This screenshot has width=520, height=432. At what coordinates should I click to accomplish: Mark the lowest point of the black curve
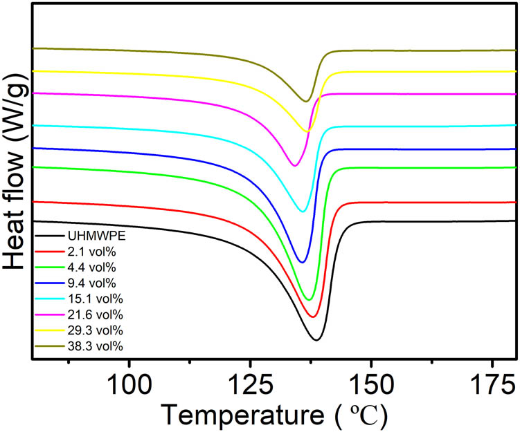316,340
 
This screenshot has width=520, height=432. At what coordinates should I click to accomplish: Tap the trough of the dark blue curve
302,262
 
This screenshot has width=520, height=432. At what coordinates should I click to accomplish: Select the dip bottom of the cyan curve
303,211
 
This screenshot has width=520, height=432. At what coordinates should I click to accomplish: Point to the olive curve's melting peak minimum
305,101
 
